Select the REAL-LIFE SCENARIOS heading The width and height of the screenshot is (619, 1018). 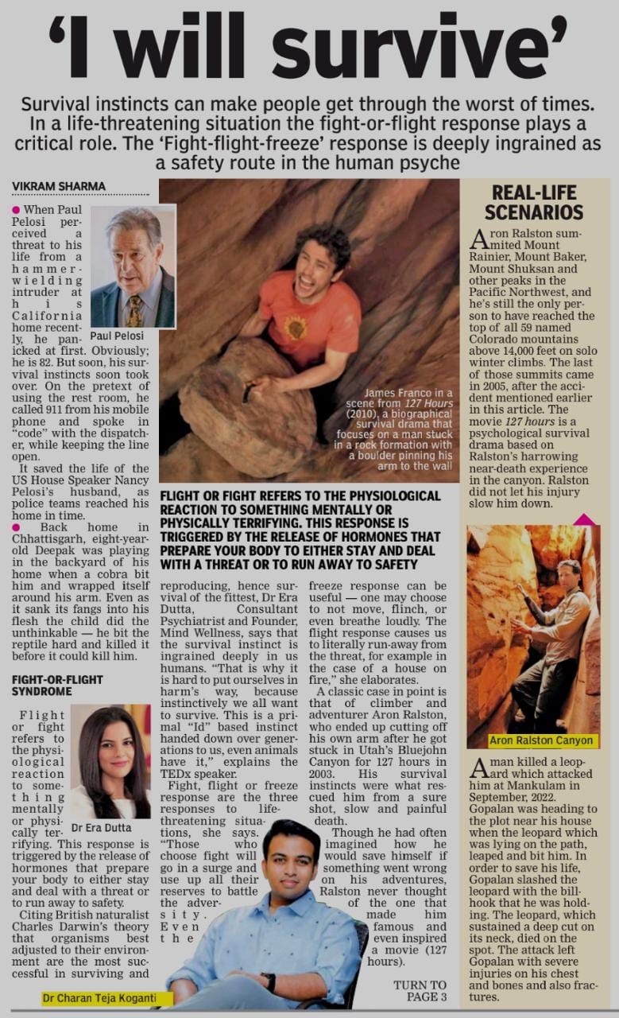tap(533, 202)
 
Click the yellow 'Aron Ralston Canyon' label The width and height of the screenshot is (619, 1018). tap(540, 740)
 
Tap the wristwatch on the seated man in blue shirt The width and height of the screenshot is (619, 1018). tap(269, 982)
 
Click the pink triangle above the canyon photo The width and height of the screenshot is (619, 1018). tap(584, 519)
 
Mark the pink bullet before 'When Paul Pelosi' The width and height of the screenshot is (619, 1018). tap(16, 208)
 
